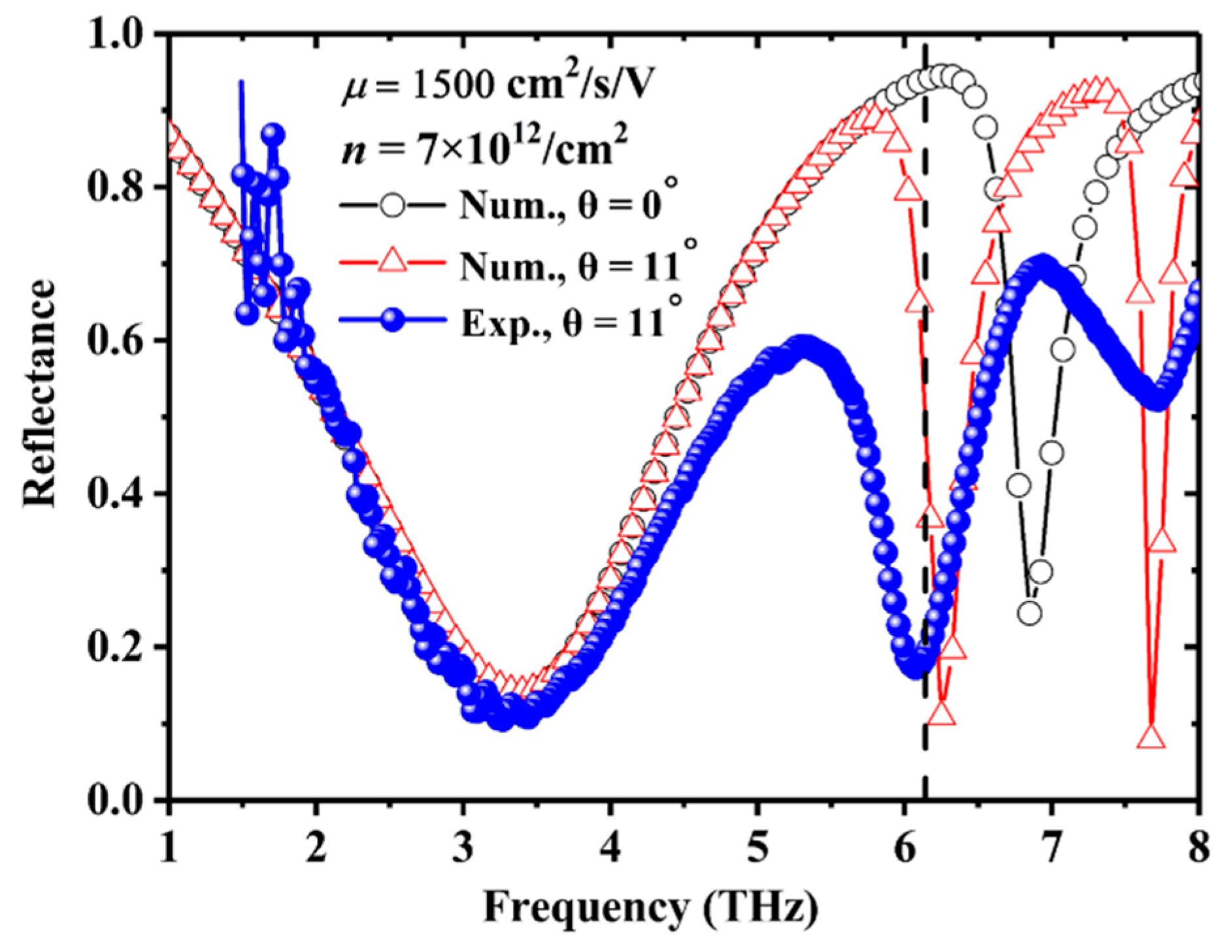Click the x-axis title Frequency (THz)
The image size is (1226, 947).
tap(650, 907)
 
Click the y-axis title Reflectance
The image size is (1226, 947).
tap(41, 393)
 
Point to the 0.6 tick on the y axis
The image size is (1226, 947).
tap(122, 340)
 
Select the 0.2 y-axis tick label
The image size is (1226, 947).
tap(122, 647)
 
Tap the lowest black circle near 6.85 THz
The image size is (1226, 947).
tap(1030, 613)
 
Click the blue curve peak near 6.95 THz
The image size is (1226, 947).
tap(1043, 266)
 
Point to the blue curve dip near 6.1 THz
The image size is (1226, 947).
tap(917, 666)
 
